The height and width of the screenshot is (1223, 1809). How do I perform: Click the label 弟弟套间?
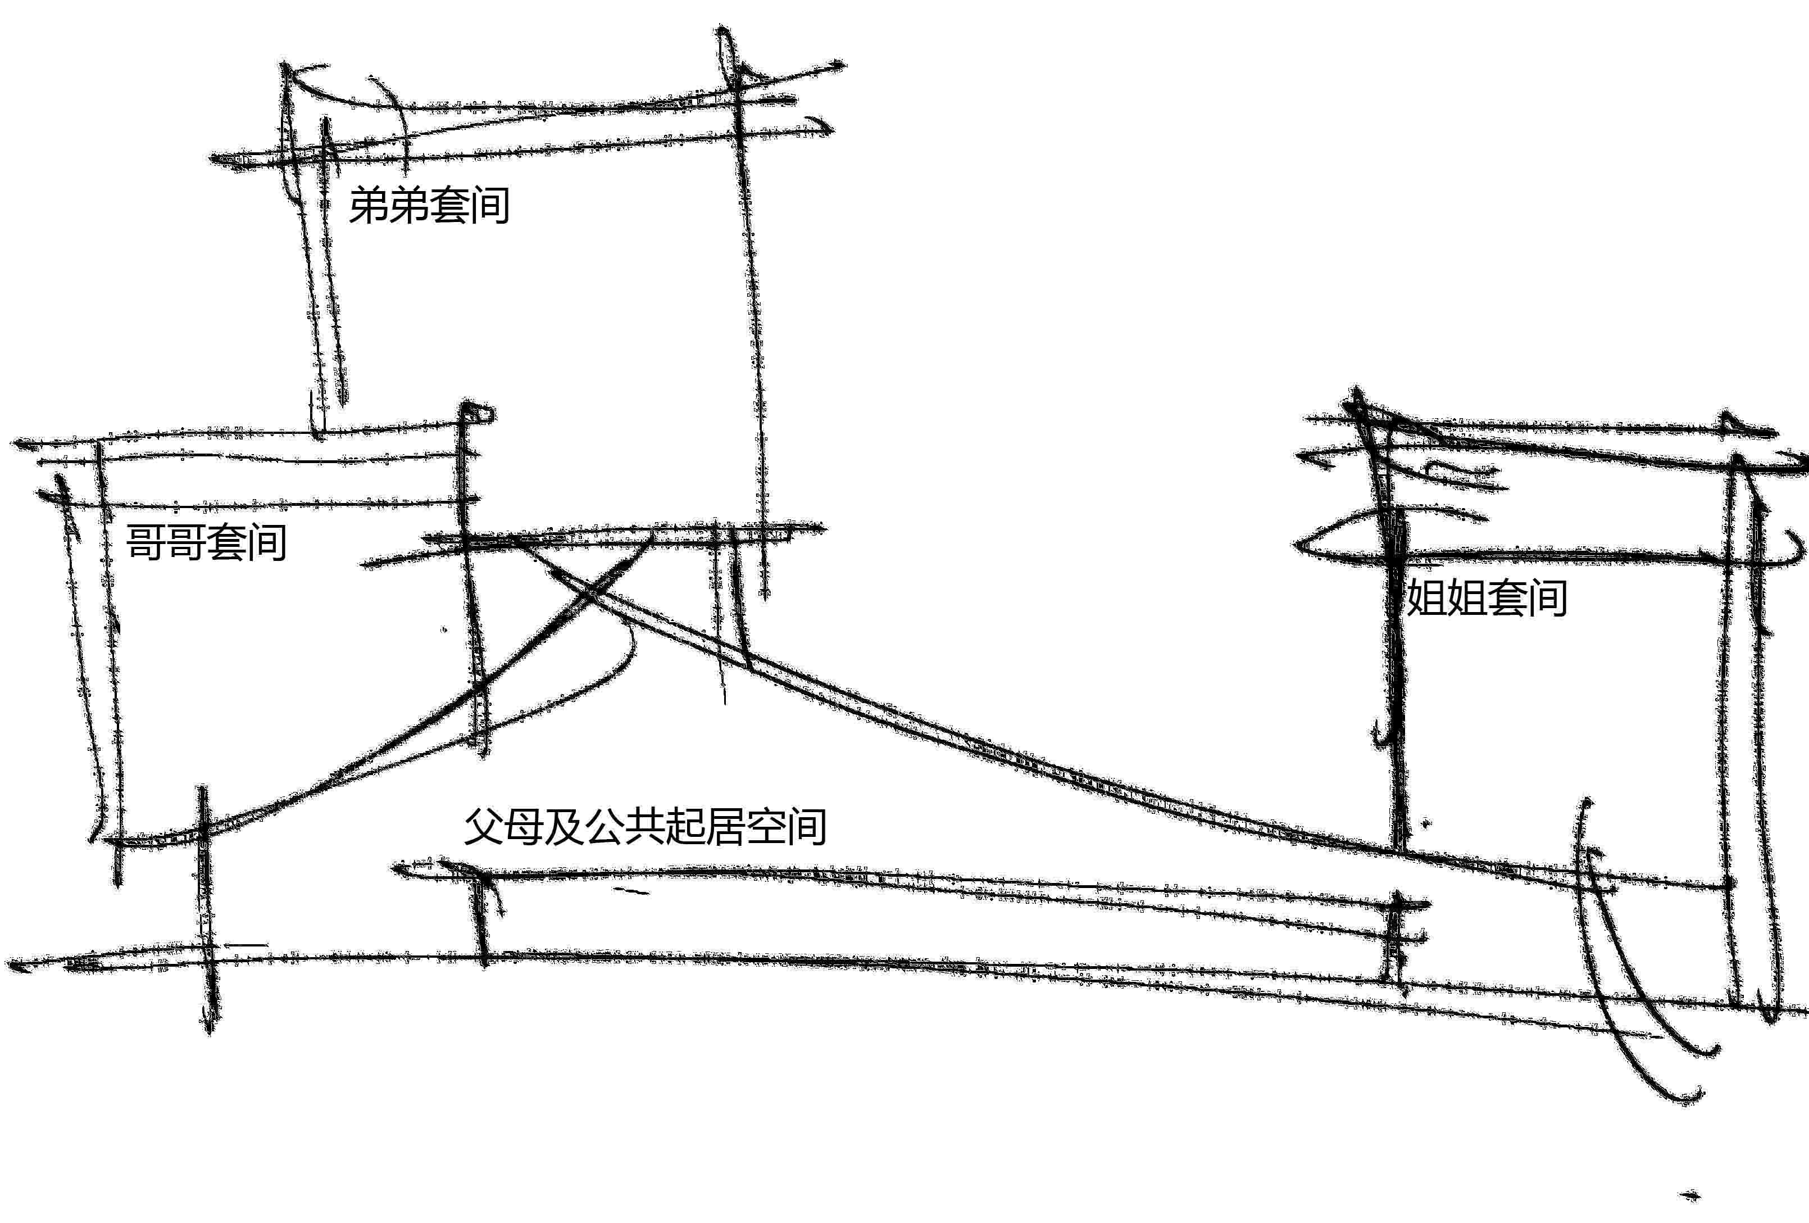tap(429, 206)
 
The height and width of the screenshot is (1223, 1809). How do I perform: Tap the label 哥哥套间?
tap(206, 542)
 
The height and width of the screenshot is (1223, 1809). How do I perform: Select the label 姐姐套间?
tap(1486, 598)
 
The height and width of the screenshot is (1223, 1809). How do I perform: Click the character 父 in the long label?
tap(484, 826)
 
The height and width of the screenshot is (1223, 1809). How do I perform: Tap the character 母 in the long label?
tap(525, 826)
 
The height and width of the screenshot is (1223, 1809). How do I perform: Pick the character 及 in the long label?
tap(565, 826)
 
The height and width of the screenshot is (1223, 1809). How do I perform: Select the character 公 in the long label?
tap(606, 826)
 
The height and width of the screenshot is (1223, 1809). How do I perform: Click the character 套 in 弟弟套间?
tap(449, 206)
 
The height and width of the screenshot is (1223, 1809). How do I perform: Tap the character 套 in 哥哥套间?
tap(226, 542)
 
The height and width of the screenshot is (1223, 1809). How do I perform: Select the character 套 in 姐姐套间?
tap(1506, 598)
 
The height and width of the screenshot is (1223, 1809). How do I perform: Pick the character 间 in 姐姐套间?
tap(1547, 598)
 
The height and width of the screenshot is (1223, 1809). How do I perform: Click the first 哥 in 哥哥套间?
tap(146, 542)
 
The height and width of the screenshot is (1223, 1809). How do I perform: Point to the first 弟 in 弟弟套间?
tap(368, 206)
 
